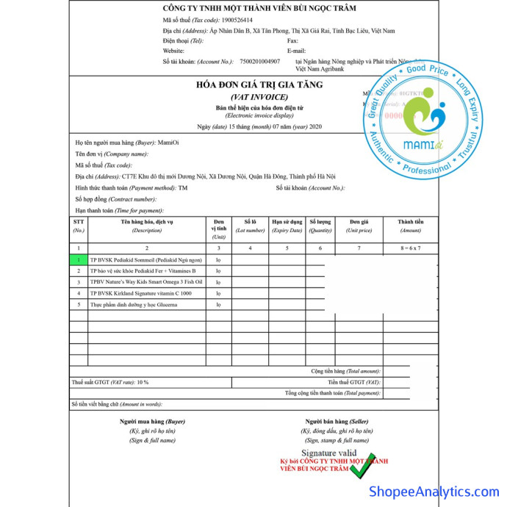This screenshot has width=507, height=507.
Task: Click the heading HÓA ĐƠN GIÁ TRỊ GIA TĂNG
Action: [259, 84]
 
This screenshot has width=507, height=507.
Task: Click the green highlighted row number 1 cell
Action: [79, 260]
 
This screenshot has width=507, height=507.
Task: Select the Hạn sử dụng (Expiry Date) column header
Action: [287, 226]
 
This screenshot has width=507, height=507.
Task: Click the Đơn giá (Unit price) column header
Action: [359, 226]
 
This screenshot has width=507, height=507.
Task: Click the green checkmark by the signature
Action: [362, 464]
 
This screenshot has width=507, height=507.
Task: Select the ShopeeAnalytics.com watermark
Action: [434, 491]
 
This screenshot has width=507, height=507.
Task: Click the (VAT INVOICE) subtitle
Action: [259, 97]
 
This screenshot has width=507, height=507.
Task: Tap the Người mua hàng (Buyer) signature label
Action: [152, 421]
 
